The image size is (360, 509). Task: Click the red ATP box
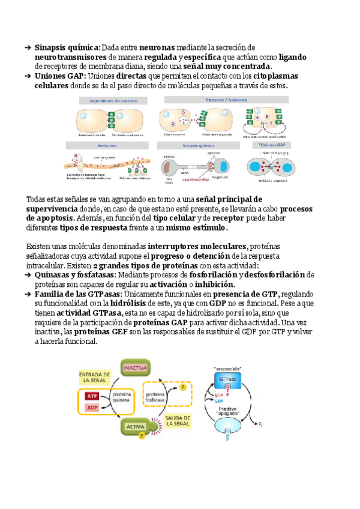pos(92,396)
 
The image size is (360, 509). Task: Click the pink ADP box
pos(92,408)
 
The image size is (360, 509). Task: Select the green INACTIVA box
pos(136,367)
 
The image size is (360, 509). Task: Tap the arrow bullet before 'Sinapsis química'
pos(28,47)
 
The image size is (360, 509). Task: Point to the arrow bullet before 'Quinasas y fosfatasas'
pos(28,275)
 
